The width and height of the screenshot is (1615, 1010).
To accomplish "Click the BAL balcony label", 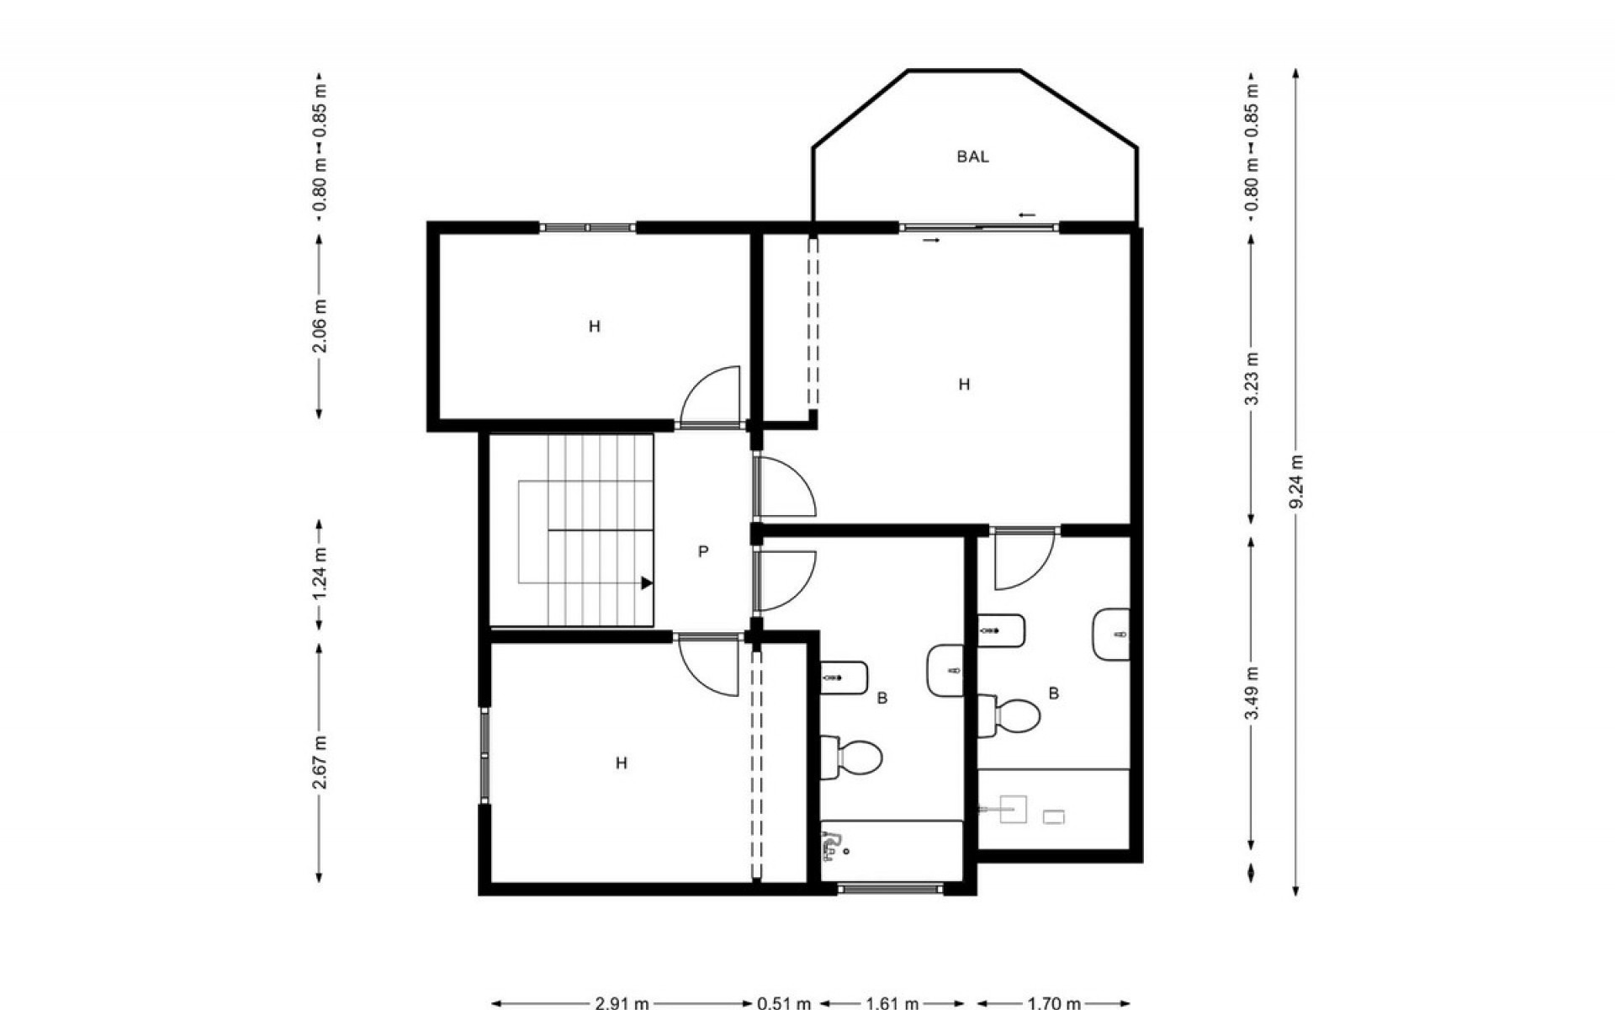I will (x=972, y=157).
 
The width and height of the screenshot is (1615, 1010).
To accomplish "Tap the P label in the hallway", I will (x=703, y=552).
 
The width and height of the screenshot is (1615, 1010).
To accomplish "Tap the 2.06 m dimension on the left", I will (x=320, y=326).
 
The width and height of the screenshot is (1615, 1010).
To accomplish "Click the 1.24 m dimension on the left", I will (x=320, y=574).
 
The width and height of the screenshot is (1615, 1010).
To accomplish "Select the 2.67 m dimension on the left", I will (x=320, y=763).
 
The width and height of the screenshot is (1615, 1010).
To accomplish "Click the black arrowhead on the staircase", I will (x=646, y=582).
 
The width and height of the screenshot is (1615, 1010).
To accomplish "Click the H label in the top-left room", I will (x=595, y=327).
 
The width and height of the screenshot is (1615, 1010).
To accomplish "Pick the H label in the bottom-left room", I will (x=621, y=763).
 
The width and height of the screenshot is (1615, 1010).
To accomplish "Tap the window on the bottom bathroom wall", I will (x=891, y=888).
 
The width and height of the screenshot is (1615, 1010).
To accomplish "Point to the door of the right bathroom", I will (x=1023, y=560).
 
